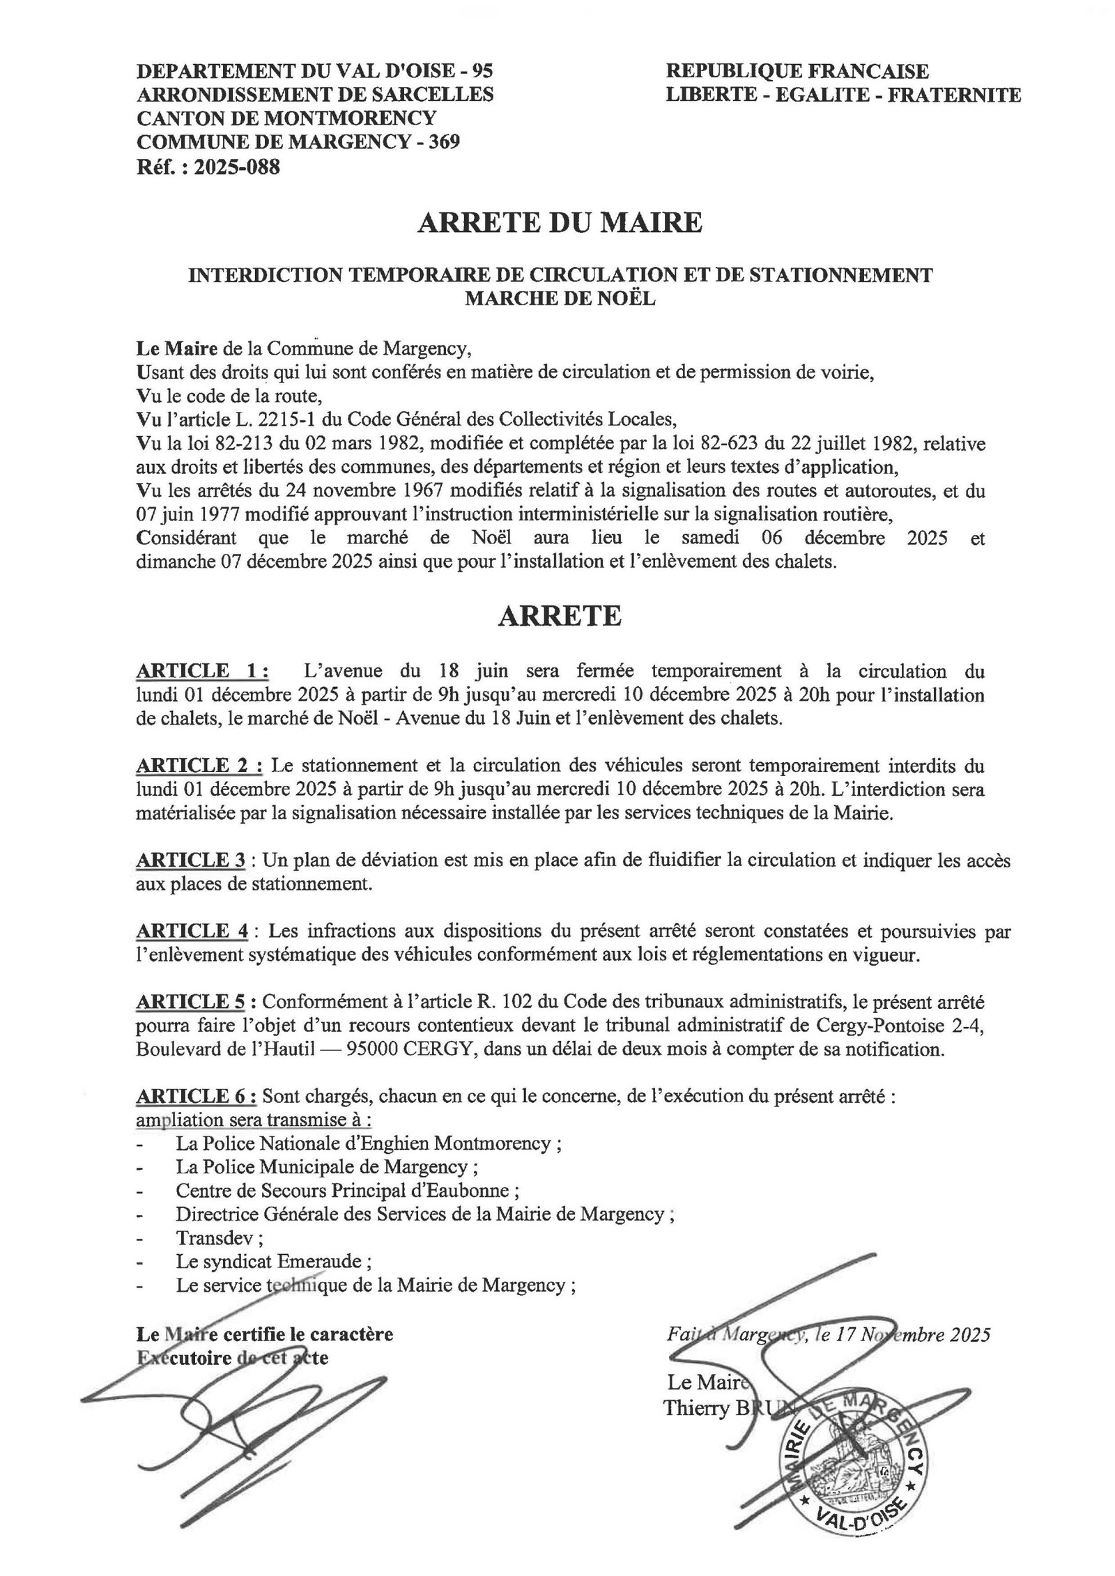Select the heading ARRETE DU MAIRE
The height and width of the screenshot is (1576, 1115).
(560, 223)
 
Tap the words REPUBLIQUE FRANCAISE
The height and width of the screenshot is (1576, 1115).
(797, 71)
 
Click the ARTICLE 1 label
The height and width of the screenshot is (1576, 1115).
(201, 671)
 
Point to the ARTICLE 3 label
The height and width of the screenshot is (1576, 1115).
(191, 860)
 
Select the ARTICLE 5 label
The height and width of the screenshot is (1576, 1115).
(191, 1002)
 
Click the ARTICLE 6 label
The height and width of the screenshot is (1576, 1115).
(196, 1096)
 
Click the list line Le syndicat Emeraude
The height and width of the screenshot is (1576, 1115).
(273, 1262)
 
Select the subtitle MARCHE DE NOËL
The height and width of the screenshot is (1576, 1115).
(560, 299)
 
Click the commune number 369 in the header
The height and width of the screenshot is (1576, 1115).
(444, 142)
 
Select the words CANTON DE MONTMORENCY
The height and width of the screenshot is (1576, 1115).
(286, 118)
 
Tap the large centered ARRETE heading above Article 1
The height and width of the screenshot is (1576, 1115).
(560, 617)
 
